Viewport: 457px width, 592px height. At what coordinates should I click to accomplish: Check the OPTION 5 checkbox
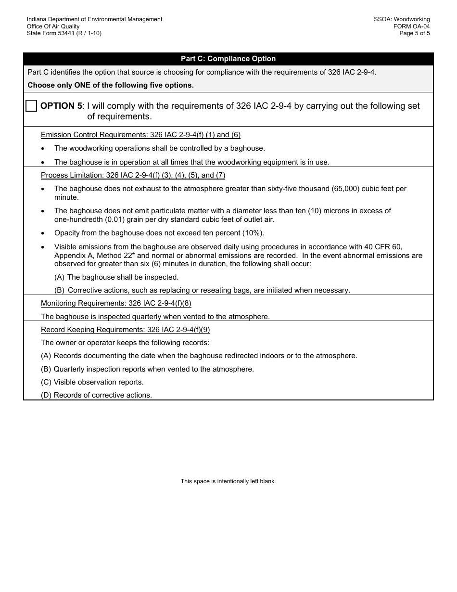[x=31, y=106]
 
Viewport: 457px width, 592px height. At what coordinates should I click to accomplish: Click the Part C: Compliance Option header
[x=228, y=59]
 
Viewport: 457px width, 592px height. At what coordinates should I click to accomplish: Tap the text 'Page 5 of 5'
[x=414, y=33]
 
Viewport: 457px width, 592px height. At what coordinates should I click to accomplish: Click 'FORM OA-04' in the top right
[x=411, y=26]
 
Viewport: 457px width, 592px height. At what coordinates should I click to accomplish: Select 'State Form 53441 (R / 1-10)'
[x=64, y=33]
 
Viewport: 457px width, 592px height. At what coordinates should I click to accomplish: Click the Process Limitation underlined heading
[x=133, y=175]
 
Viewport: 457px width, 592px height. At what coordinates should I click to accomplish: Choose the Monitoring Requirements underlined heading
[x=116, y=303]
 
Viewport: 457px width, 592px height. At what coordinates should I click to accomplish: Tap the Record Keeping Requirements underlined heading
[x=125, y=330]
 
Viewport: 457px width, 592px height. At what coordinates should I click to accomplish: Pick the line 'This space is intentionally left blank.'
[x=228, y=481]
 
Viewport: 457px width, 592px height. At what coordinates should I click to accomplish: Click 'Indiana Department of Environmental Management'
[x=94, y=19]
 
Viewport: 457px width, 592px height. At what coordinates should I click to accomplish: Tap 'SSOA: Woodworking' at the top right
[x=402, y=19]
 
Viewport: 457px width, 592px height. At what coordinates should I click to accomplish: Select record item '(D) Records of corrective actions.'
[x=96, y=395]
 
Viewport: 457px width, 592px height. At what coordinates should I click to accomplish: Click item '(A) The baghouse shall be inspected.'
[x=116, y=277]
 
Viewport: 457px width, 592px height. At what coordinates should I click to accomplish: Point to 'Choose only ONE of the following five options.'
[x=111, y=85]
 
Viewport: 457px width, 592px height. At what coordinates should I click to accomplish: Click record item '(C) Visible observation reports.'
[x=92, y=382]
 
